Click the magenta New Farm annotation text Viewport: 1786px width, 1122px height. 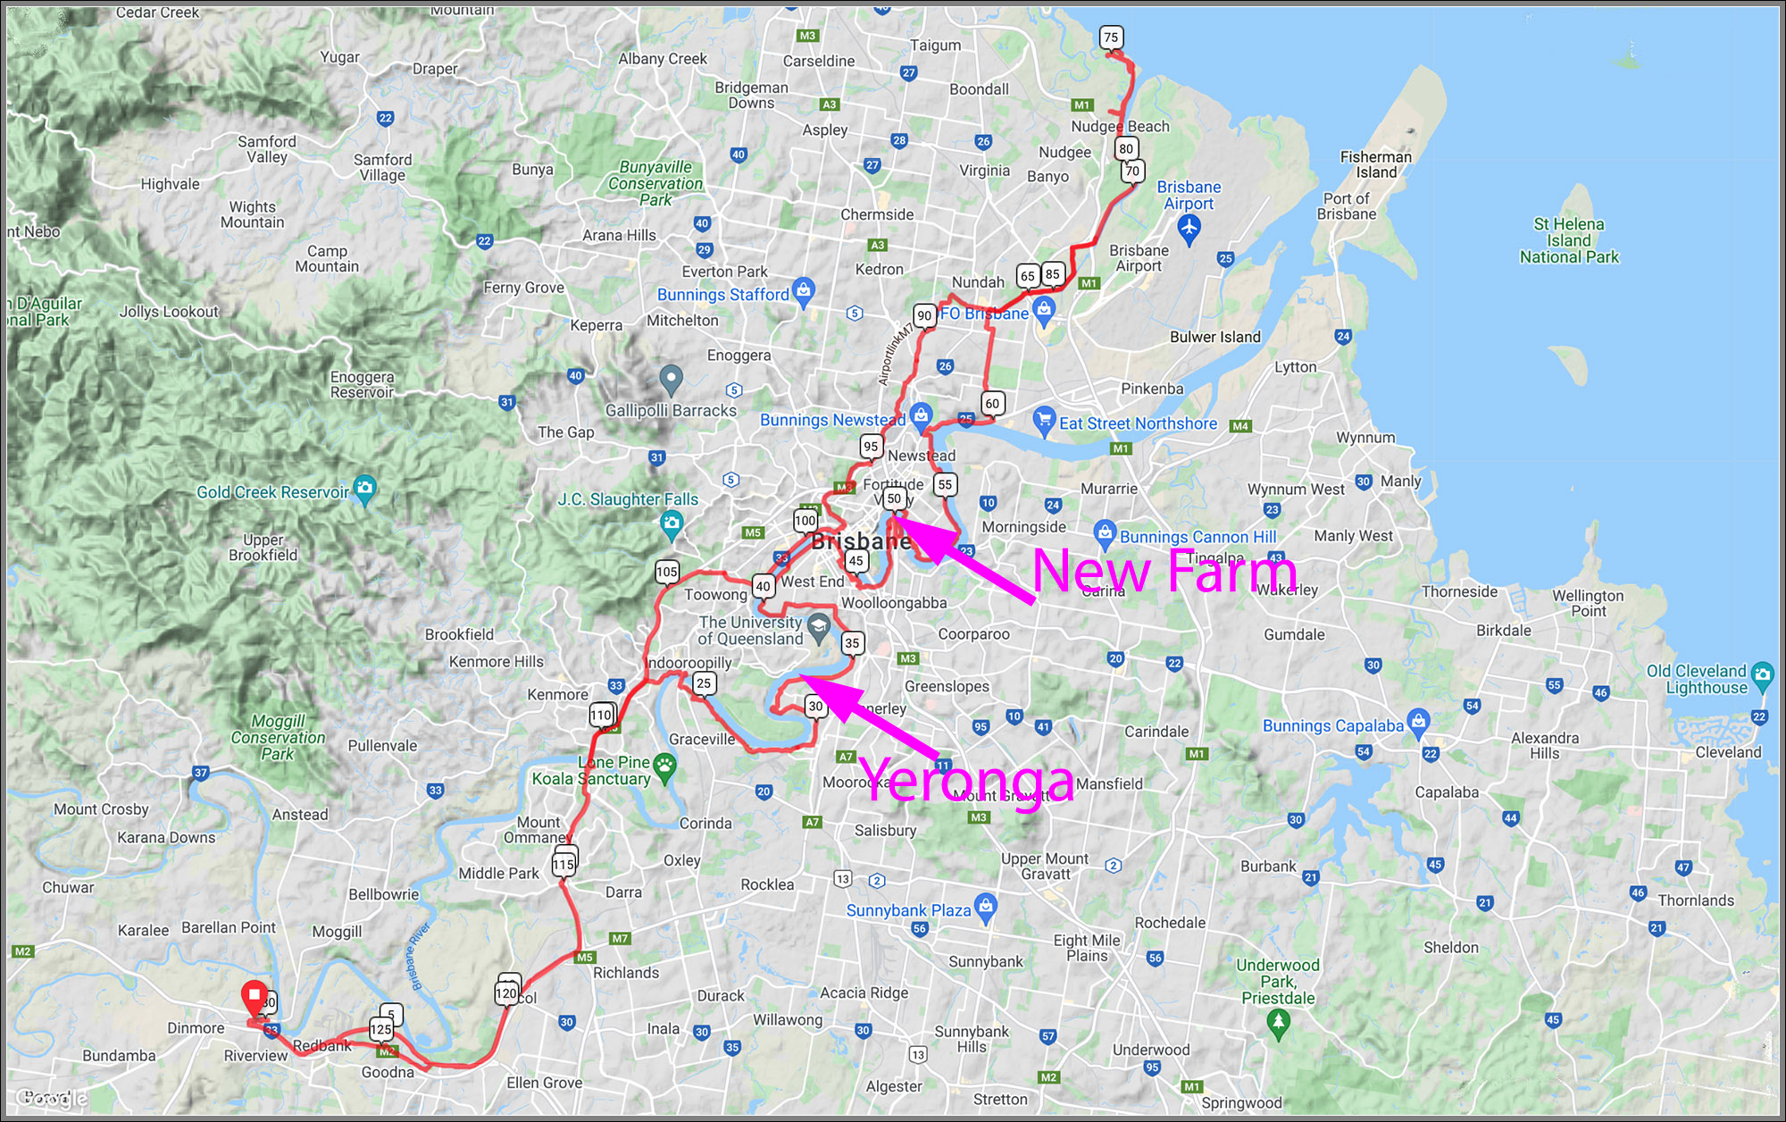point(1164,572)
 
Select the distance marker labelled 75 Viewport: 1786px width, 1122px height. point(1111,38)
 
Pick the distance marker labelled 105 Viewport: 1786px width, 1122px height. point(667,572)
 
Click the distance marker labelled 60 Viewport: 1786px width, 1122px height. point(992,404)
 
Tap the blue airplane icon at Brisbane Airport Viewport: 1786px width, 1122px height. point(1189,229)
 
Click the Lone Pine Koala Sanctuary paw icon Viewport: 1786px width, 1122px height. point(665,766)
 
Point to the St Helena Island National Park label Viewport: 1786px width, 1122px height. point(1569,240)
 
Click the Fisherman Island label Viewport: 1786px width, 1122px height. point(1375,164)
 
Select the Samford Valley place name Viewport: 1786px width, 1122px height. point(266,149)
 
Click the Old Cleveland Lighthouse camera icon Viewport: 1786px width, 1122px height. point(1763,674)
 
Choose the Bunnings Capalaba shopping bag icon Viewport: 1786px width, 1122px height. point(1418,721)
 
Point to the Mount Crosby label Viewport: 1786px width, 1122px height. point(101,809)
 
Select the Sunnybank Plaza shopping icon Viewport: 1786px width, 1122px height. point(986,907)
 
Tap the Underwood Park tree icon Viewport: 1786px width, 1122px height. point(1278,1024)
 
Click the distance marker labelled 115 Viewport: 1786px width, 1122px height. point(563,865)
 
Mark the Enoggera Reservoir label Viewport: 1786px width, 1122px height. point(362,385)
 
